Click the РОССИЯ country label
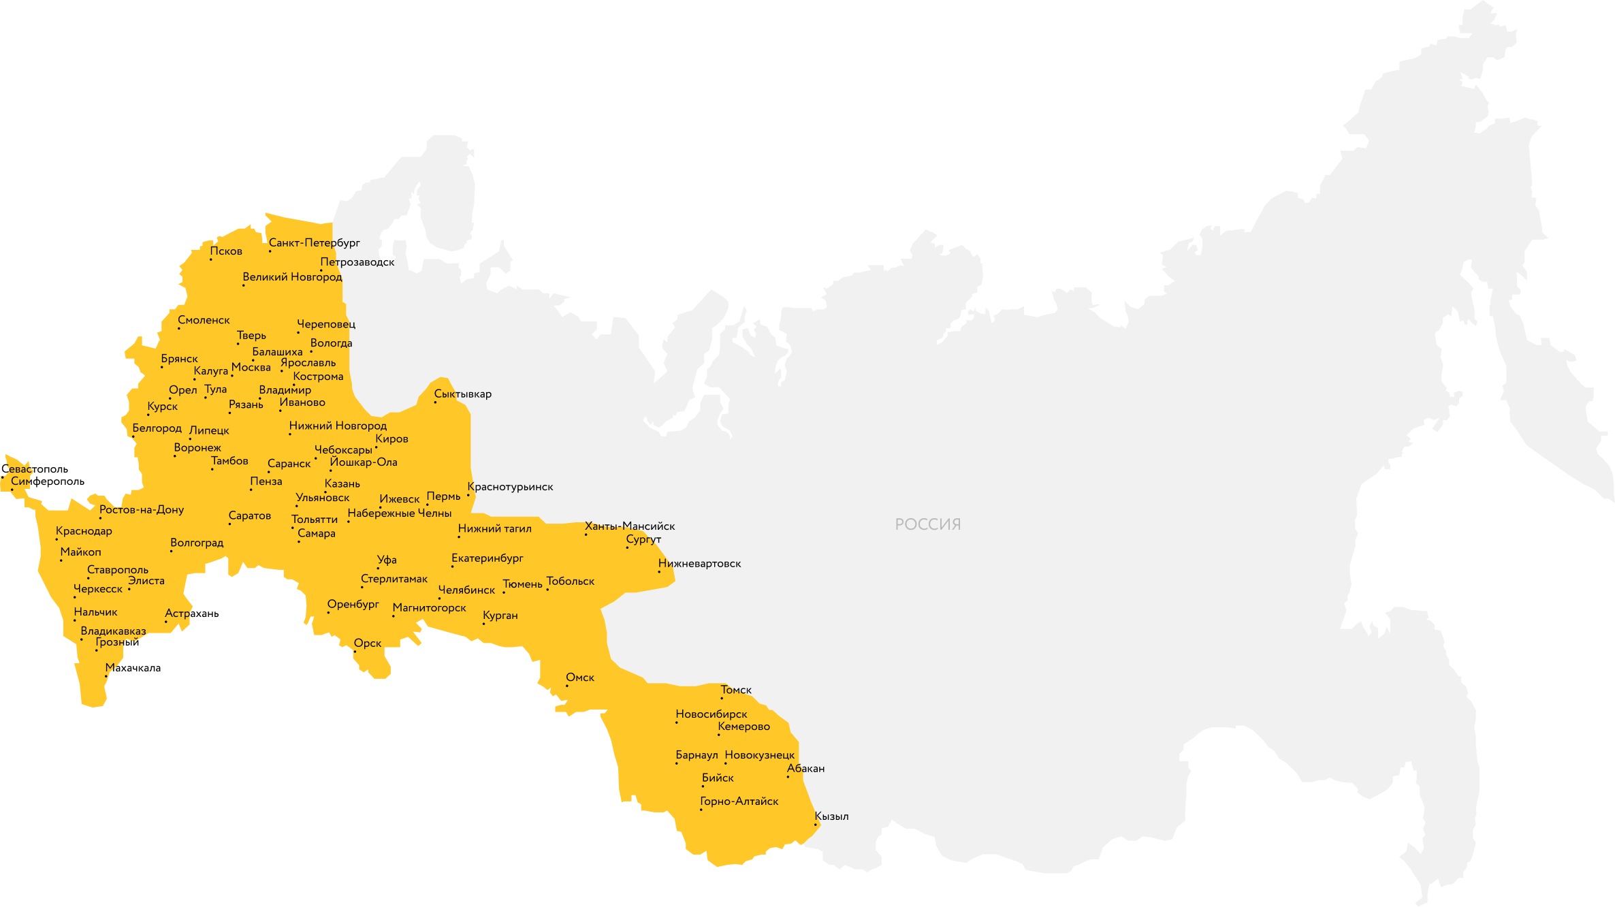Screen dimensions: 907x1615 click(x=927, y=524)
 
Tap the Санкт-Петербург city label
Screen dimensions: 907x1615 click(x=314, y=243)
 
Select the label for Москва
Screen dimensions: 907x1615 click(x=251, y=368)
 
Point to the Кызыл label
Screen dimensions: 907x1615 click(x=831, y=816)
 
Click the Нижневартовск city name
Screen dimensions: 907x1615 click(x=699, y=564)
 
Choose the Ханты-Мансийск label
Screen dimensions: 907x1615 click(x=630, y=526)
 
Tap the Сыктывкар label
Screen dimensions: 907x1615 click(x=462, y=394)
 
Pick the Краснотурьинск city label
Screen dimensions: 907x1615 click(x=510, y=487)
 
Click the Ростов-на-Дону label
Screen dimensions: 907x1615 click(x=142, y=510)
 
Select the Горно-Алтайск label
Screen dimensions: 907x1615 click(x=739, y=801)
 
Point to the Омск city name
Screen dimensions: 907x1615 click(x=580, y=678)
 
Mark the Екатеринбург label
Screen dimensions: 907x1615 click(x=487, y=558)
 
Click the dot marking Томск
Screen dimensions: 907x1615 click(x=722, y=698)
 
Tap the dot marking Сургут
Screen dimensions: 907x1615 click(x=627, y=547)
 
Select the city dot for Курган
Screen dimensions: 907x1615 click(x=483, y=624)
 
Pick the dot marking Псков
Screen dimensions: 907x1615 click(x=210, y=259)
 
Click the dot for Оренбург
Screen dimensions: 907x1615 click(x=328, y=613)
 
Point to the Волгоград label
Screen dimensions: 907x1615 click(x=197, y=543)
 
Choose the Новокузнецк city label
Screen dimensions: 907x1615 click(x=759, y=755)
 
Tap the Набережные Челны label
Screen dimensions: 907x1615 click(x=400, y=513)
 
